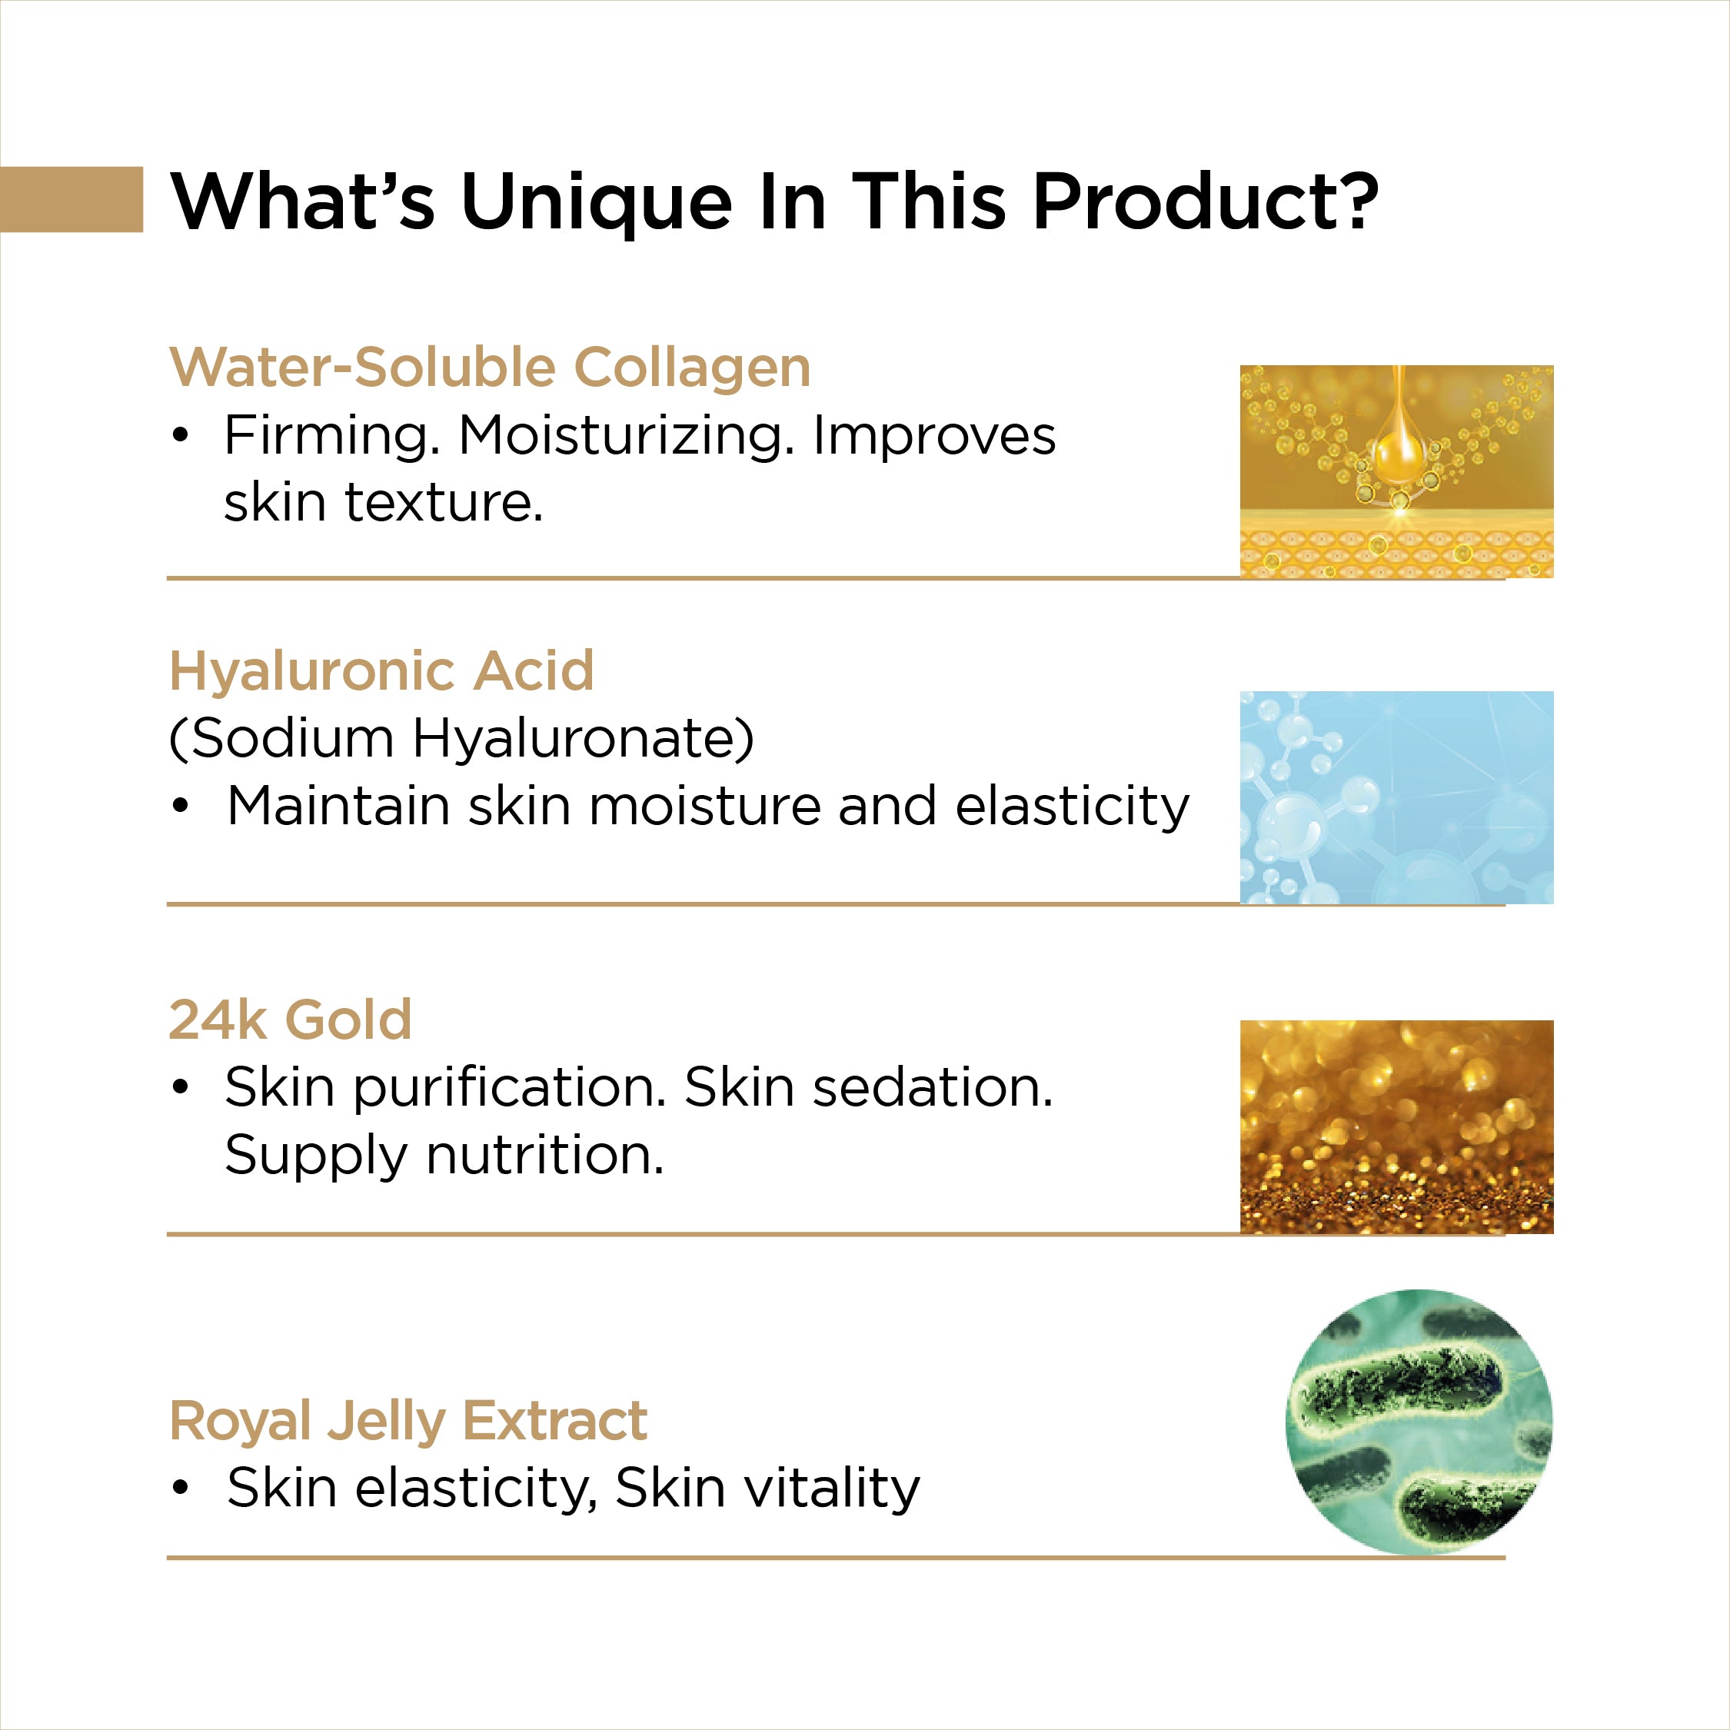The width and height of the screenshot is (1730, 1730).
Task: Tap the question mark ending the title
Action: point(1353,199)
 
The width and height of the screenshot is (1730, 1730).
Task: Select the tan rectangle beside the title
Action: point(72,199)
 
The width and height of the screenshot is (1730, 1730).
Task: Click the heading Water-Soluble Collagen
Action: point(490,368)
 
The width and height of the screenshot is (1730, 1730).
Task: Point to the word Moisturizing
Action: point(627,437)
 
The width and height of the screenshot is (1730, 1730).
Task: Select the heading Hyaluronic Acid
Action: point(381,671)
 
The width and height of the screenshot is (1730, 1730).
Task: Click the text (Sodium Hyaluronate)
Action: point(462,739)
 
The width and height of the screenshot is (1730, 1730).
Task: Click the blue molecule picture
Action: point(1396,797)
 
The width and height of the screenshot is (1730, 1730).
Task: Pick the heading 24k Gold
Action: point(290,1020)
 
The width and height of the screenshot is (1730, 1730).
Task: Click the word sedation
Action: point(932,1088)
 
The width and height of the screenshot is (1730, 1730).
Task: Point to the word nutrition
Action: point(545,1155)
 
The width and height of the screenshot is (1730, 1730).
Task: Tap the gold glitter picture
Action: point(1396,1126)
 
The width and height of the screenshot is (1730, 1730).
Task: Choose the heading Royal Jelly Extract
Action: point(408,1422)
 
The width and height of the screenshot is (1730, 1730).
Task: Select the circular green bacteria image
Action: point(1419,1423)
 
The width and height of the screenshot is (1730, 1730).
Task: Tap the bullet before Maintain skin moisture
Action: point(181,807)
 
